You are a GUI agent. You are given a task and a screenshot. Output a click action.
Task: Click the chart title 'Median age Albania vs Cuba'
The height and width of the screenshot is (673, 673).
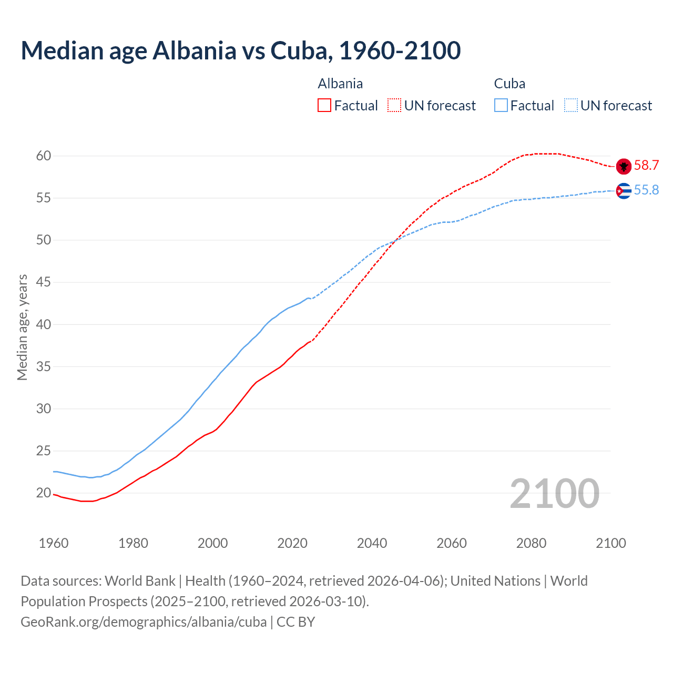click(x=241, y=50)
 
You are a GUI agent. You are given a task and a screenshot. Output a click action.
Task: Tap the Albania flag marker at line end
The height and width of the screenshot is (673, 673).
click(x=624, y=166)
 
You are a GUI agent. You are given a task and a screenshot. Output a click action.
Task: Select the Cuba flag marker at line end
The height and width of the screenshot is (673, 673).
click(x=624, y=191)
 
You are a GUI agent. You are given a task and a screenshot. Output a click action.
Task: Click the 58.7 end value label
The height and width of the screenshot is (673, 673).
click(x=646, y=166)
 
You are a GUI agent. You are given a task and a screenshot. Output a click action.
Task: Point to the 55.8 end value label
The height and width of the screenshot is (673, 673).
click(x=646, y=190)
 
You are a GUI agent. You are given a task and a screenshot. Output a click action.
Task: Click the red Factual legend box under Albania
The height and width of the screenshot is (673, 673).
click(x=324, y=106)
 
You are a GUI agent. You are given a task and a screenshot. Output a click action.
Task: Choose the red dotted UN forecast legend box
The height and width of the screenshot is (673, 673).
click(x=394, y=106)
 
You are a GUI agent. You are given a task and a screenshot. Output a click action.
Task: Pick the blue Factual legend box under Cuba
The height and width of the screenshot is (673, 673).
click(x=501, y=106)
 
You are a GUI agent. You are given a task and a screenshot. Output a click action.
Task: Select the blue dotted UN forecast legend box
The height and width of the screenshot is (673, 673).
click(x=571, y=106)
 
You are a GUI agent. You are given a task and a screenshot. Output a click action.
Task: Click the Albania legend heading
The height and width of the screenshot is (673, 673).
click(x=340, y=84)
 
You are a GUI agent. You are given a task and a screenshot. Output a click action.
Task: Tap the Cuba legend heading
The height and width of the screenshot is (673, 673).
click(x=509, y=84)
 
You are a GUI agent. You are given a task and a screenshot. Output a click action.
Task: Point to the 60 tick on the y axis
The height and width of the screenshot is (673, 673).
click(x=43, y=156)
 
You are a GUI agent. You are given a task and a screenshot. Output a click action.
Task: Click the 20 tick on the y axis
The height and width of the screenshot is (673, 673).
click(x=43, y=493)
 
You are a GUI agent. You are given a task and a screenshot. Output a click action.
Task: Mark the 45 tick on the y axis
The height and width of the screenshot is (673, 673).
click(x=43, y=282)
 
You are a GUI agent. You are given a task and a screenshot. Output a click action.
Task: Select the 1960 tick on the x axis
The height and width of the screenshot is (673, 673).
click(x=54, y=543)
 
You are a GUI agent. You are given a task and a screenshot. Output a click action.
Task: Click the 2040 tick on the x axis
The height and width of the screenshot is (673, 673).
click(x=372, y=543)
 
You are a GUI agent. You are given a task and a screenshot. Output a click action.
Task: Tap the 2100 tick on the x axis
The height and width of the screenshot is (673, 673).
click(x=611, y=543)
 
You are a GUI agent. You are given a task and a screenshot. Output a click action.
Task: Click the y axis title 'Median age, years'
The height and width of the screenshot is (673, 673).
click(x=22, y=327)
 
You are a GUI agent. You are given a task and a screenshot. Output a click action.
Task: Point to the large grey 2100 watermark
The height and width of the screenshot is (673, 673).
click(x=554, y=494)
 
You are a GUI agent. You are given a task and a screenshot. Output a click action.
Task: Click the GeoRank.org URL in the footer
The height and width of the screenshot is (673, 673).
click(x=144, y=622)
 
